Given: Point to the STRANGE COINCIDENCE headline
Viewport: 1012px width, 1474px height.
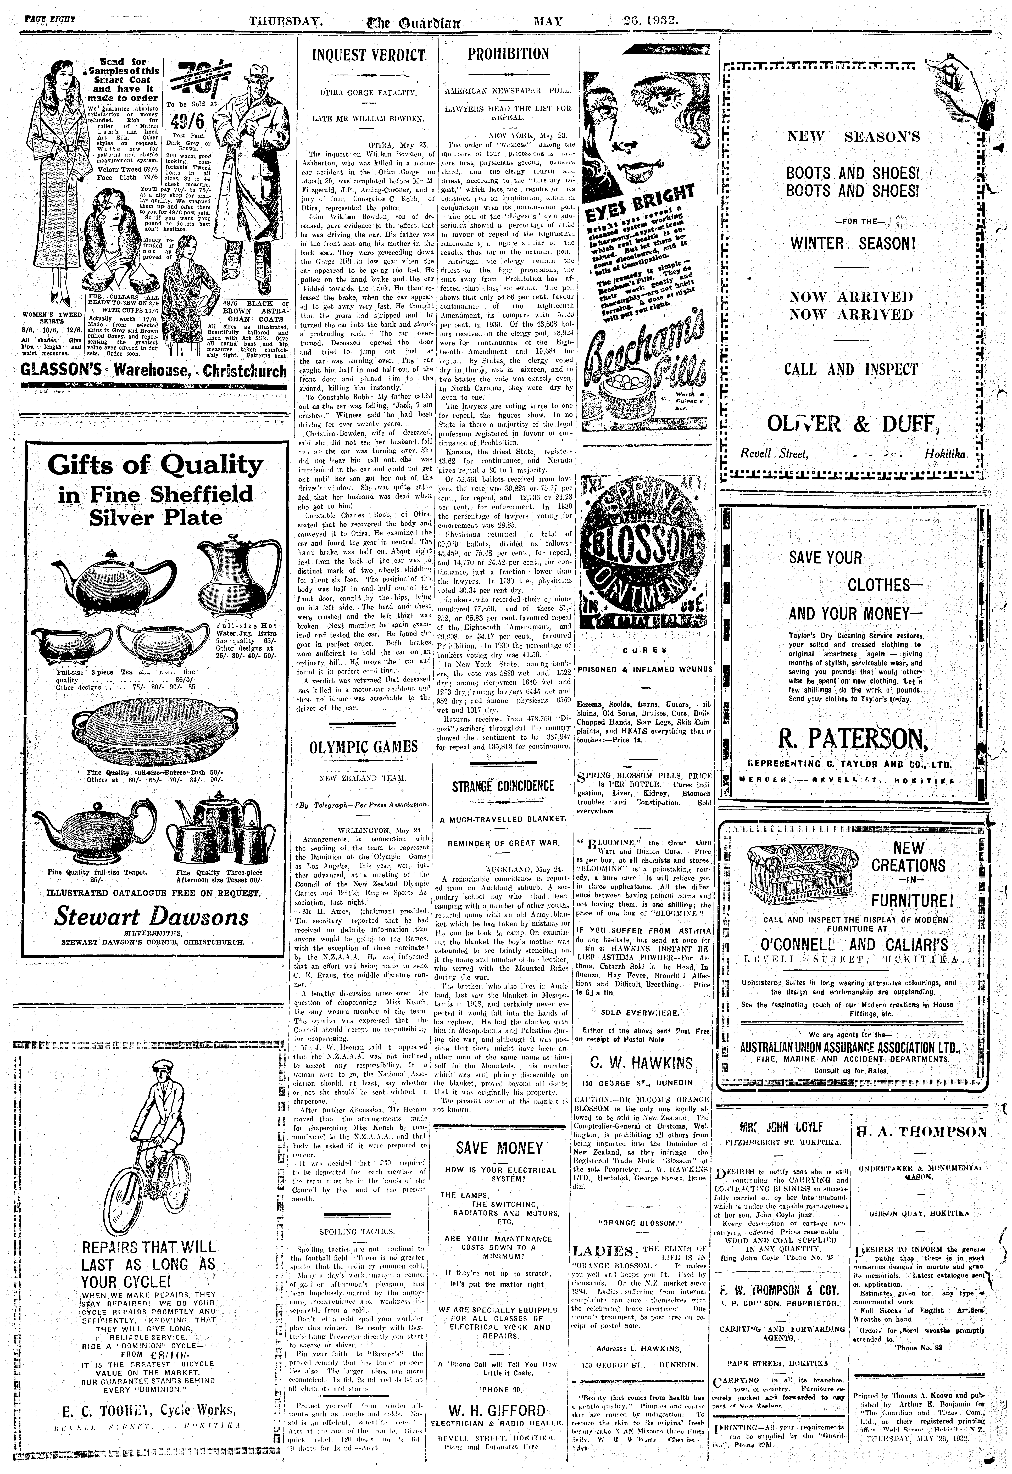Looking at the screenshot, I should [503, 786].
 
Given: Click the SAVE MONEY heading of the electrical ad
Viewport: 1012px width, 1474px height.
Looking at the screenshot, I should [500, 1148].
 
